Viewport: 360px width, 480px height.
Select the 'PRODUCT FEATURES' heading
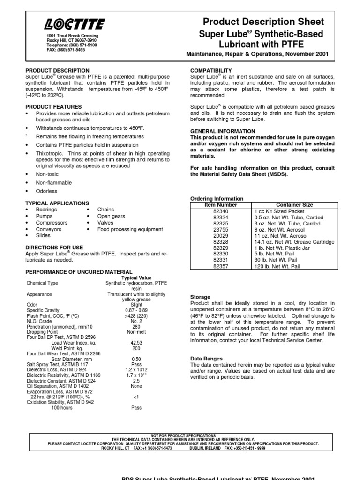(x=53, y=107)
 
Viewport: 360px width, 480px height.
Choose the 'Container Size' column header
(x=294, y=205)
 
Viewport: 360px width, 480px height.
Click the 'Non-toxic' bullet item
(x=47, y=173)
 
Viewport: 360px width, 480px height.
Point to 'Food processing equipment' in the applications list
(x=130, y=229)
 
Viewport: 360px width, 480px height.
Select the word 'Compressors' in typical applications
(x=52, y=223)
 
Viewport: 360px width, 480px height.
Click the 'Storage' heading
(x=200, y=297)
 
